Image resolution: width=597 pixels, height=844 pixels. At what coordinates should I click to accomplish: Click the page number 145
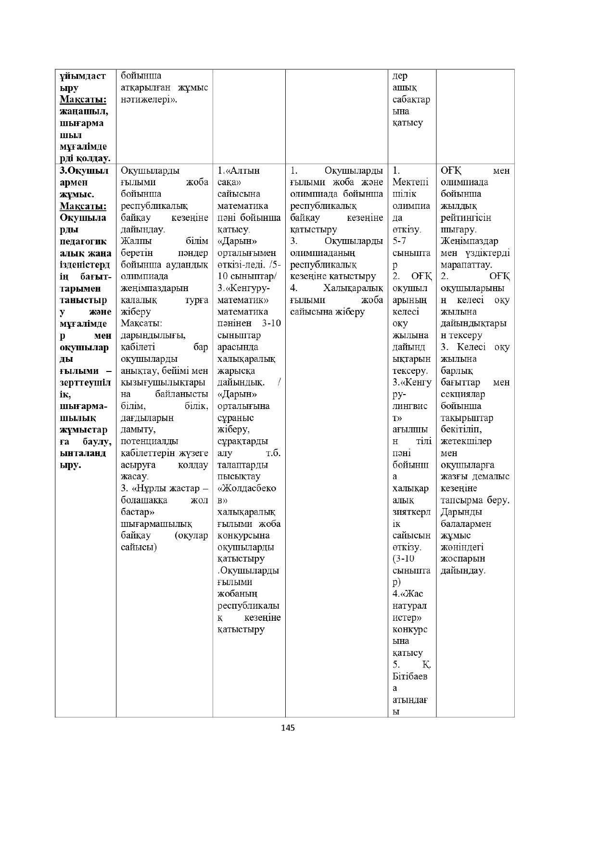point(288,728)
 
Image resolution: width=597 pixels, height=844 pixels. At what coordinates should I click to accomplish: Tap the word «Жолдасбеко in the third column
point(247,488)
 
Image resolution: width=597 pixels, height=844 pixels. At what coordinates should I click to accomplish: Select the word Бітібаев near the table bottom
point(410,677)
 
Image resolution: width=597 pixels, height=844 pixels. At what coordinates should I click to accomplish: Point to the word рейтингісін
point(466,218)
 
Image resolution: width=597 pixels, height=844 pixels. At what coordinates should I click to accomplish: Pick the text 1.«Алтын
point(239,171)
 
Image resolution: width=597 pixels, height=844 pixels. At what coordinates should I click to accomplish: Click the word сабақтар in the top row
point(411,100)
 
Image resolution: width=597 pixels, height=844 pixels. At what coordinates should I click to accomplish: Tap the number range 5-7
point(399,241)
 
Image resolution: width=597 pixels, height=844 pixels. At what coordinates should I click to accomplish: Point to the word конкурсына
point(243,536)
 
